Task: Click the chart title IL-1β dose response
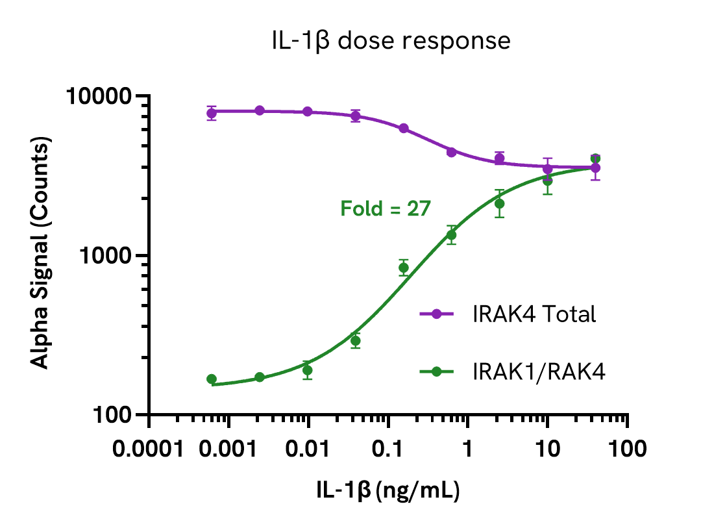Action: [391, 41]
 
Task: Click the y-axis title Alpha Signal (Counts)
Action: [41, 255]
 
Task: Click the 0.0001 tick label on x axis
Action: [149, 449]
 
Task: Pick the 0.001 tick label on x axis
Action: [229, 449]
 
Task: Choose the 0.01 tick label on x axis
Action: [309, 449]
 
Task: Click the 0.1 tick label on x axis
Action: [388, 449]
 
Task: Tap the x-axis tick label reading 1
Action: [468, 449]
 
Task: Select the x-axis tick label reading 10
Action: [547, 449]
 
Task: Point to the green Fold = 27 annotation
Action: [386, 208]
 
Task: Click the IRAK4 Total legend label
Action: [534, 314]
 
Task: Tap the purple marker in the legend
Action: [437, 314]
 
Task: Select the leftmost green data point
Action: [212, 379]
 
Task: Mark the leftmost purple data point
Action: [212, 114]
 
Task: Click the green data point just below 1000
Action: [403, 268]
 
